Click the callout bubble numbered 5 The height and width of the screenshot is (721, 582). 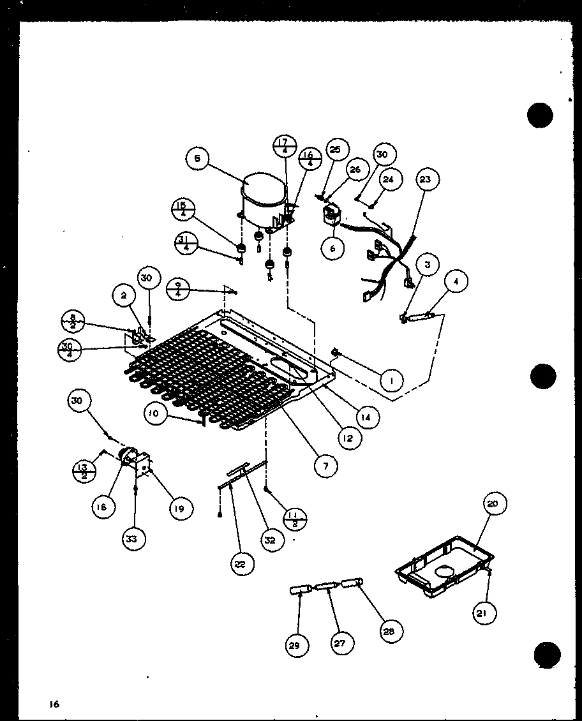tap(198, 160)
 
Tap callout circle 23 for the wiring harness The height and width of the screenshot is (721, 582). tap(426, 180)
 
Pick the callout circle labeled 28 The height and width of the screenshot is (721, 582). tap(389, 631)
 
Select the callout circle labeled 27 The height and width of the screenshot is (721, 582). tap(339, 643)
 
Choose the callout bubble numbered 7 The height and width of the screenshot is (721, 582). tap(325, 466)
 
